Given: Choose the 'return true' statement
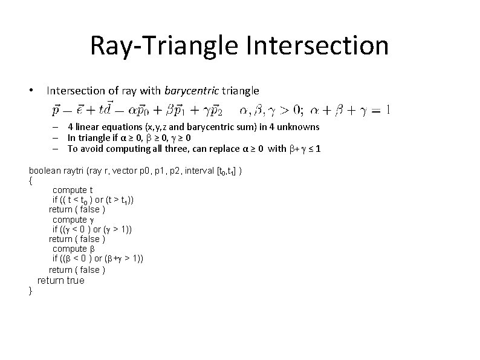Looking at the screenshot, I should pos(61,281).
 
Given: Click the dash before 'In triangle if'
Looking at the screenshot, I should pos(54,138).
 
